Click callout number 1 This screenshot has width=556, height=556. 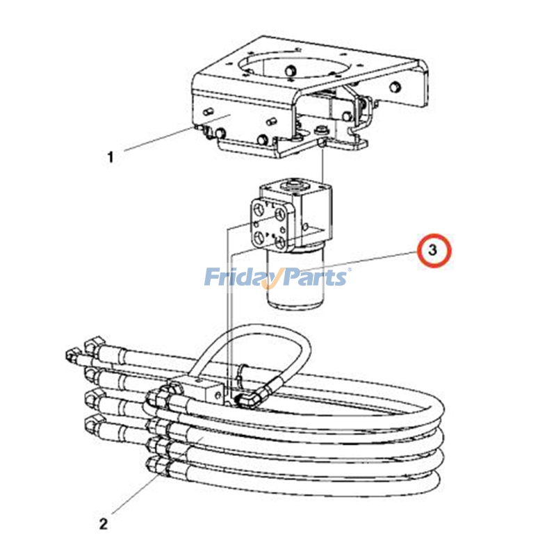click(110, 157)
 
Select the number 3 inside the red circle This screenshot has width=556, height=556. click(434, 251)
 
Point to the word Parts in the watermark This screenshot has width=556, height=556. click(313, 278)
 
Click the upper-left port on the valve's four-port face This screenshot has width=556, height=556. click(259, 209)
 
